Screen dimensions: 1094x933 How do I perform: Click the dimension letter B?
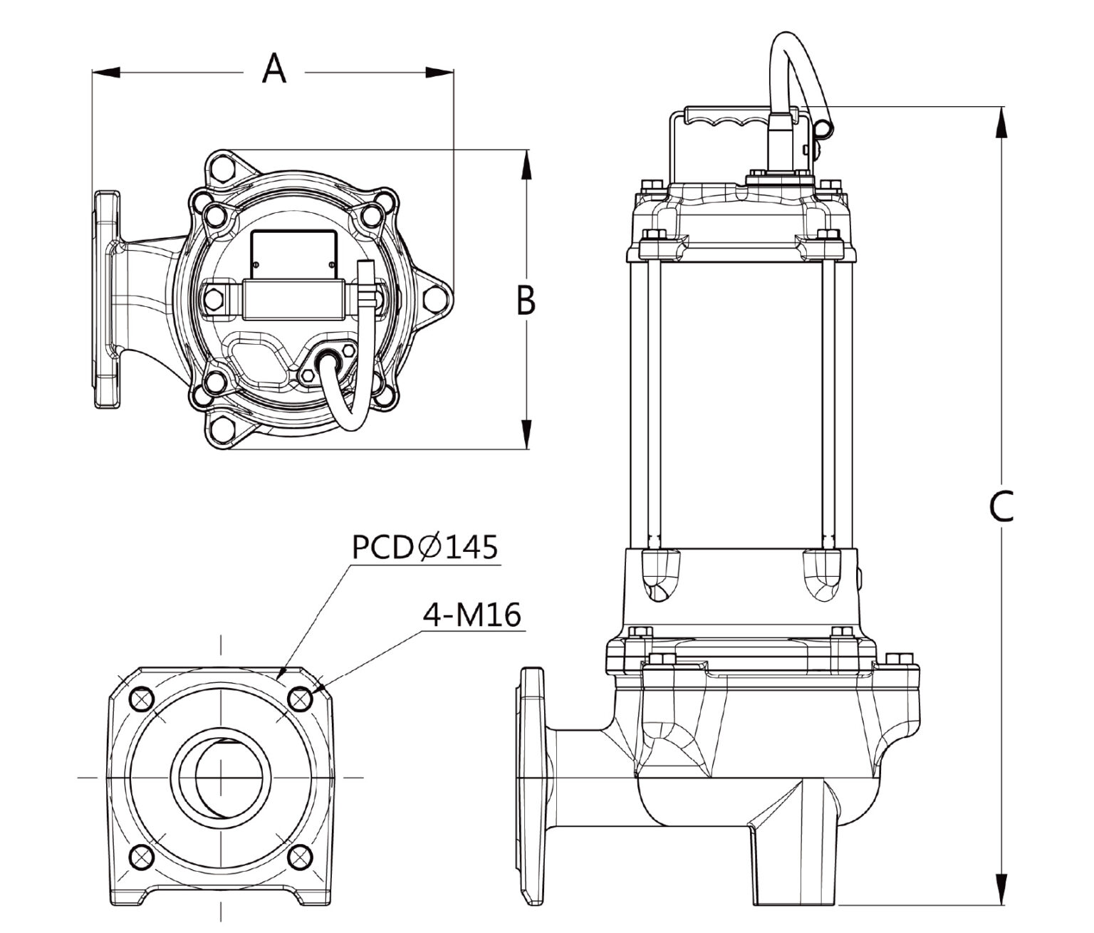526,300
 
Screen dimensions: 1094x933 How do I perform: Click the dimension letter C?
1000,507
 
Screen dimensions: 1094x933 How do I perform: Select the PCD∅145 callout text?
425,547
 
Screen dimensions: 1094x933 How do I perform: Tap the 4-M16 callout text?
472,615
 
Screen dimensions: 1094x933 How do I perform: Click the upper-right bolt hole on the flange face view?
301,699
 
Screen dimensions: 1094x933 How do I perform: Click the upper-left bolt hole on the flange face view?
141,699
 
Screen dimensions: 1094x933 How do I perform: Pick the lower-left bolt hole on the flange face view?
141,858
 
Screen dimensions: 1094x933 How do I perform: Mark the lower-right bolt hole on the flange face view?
301,858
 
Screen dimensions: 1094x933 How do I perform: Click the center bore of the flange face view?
222,778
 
